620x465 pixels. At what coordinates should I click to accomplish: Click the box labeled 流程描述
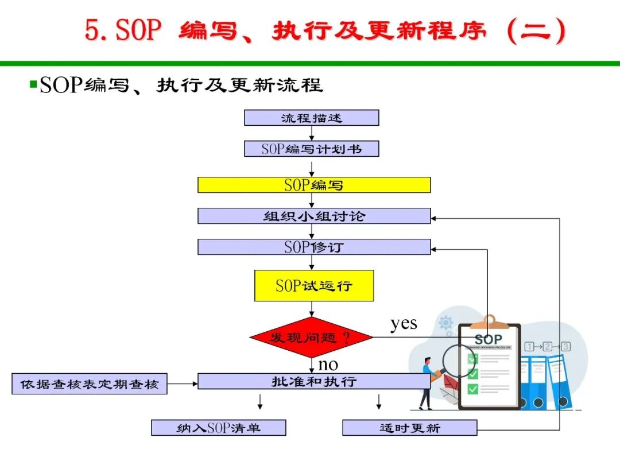[311, 118]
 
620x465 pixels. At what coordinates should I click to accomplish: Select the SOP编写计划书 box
[311, 149]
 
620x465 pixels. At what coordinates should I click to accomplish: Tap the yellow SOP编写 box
[314, 185]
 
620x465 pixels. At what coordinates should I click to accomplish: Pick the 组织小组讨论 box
[314, 216]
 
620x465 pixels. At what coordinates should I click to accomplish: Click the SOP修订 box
[314, 247]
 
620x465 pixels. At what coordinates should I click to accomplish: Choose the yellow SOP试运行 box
[314, 285]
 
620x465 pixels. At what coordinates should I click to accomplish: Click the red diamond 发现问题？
[312, 338]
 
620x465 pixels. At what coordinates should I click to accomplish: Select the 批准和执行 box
[314, 381]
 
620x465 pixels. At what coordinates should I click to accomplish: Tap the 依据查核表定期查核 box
[90, 383]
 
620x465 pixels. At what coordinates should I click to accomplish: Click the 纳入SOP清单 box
[218, 428]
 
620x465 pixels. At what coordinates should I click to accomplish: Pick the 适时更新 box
[409, 428]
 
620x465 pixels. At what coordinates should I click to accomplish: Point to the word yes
[404, 323]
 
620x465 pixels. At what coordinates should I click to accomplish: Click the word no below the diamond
[328, 364]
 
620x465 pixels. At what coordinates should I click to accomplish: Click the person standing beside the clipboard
[427, 383]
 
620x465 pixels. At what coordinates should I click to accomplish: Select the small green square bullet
[33, 84]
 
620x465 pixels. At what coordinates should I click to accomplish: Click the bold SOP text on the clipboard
[488, 339]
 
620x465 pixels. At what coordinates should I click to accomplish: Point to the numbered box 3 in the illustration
[566, 346]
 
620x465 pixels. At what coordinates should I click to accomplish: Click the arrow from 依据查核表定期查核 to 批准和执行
[182, 383]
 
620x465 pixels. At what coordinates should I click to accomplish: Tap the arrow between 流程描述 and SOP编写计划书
[312, 133]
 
